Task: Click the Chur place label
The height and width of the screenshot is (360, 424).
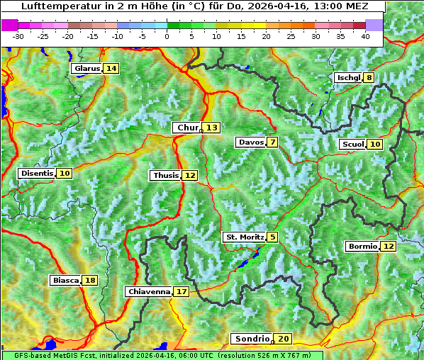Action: pos(187,128)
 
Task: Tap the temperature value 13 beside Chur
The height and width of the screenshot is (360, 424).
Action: pos(212,128)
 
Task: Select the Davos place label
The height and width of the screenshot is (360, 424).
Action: pos(250,142)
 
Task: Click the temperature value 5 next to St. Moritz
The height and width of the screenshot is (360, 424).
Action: pos(273,237)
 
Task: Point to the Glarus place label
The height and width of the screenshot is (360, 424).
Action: pos(86,68)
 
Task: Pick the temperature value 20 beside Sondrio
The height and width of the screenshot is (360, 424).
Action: pos(283,339)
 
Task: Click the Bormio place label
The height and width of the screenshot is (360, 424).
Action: pos(362,247)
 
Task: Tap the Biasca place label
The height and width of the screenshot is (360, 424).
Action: pos(66,281)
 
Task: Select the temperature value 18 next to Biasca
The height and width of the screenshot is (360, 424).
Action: pos(89,281)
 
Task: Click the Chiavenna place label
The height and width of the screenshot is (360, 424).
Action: pos(149,291)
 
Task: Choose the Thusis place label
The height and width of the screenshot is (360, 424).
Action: pos(165,175)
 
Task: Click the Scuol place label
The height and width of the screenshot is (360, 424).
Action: pos(352,144)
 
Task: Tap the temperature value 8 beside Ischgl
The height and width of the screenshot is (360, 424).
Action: pos(369,77)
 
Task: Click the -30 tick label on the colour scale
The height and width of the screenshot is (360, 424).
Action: pos(18,35)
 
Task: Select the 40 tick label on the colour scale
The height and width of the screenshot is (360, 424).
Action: pos(365,35)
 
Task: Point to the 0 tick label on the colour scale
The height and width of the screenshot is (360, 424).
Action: pos(167,35)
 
